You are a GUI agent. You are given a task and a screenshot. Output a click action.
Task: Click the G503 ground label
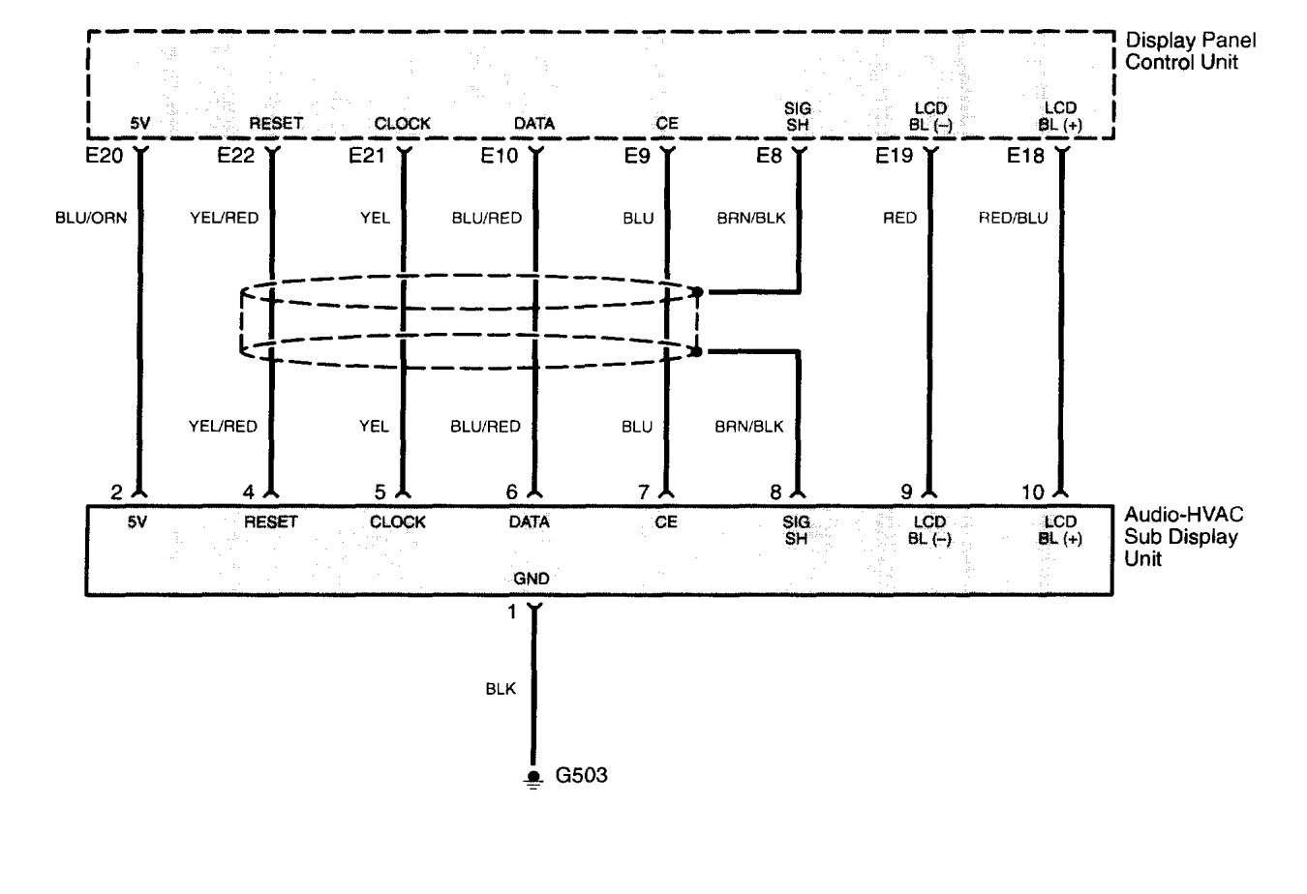click(582, 775)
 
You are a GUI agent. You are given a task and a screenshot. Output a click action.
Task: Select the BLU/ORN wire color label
click(91, 218)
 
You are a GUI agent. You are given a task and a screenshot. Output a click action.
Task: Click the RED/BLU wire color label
click(1013, 218)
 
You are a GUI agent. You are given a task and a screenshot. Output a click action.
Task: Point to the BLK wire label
click(501, 690)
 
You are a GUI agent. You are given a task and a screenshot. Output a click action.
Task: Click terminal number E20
click(105, 155)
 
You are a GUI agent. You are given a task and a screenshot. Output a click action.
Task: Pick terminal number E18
click(1025, 155)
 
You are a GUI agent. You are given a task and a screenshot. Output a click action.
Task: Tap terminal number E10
click(500, 155)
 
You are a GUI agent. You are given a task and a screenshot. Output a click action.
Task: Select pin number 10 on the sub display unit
click(1032, 492)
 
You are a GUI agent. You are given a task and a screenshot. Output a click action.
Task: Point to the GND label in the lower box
click(532, 579)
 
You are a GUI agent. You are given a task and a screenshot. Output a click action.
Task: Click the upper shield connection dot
click(696, 291)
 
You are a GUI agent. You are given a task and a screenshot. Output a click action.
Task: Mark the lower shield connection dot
click(696, 352)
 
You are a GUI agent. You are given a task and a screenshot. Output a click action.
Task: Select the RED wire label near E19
click(899, 218)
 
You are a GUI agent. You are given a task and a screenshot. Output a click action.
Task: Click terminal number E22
click(235, 155)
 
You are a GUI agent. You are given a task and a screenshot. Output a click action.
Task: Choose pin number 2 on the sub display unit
click(117, 492)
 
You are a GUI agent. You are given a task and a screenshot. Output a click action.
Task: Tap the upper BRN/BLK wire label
click(750, 218)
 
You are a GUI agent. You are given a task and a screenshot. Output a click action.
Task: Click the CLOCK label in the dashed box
click(403, 124)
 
